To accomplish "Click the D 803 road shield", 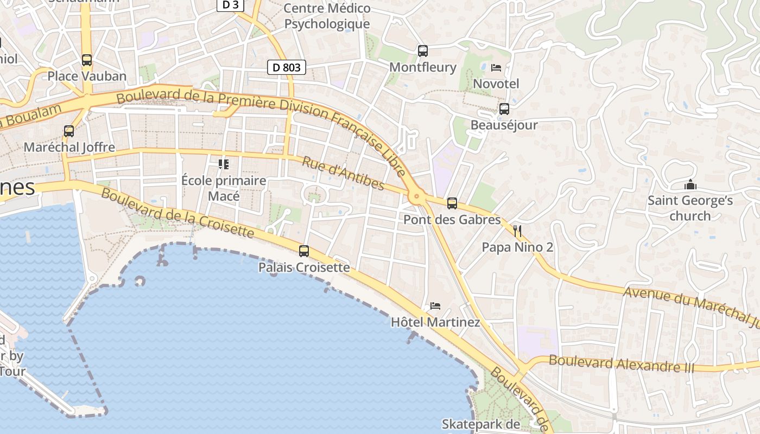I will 287,68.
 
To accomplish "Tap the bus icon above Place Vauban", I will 87,60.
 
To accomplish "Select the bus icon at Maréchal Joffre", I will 69,131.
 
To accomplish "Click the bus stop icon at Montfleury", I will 423,51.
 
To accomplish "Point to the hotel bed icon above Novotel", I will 496,68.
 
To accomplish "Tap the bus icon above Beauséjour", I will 504,109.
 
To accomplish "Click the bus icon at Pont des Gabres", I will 452,203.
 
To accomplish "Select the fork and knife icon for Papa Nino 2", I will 517,232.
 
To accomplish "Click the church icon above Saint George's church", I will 690,184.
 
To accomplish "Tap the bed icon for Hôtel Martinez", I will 435,306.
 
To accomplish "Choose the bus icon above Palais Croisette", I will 304,251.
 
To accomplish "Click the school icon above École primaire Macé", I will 223,164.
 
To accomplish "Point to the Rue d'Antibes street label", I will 343,174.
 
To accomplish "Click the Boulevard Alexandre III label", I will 622,363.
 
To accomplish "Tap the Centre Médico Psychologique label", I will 327,16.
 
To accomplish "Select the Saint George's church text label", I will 690,208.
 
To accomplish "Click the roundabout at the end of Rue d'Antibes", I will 417,196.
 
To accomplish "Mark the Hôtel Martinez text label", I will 435,322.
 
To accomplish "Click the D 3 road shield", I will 231,5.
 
